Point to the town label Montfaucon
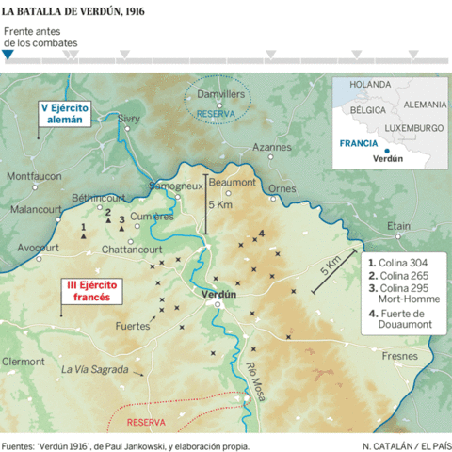click(34, 176)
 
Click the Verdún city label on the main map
click(218, 294)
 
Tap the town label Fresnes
click(399, 356)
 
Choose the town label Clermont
click(24, 361)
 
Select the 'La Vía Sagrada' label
click(94, 369)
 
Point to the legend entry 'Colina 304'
click(399, 264)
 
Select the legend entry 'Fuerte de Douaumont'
click(406, 318)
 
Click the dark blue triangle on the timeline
click(8, 56)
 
